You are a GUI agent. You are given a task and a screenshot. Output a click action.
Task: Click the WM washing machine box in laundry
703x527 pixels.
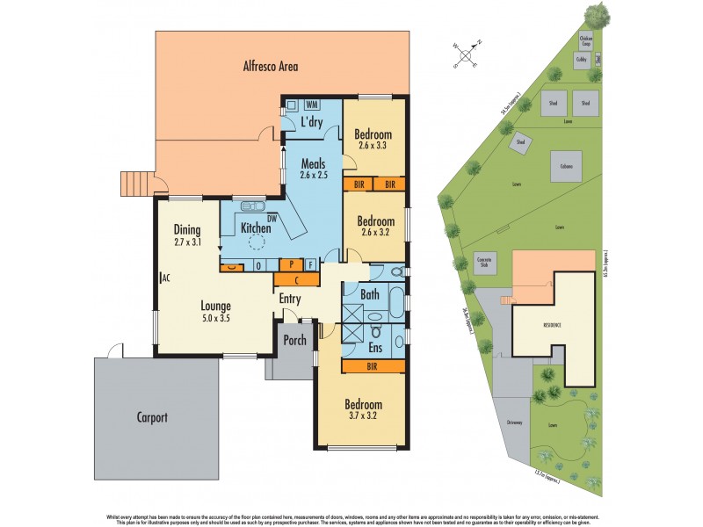[311, 104]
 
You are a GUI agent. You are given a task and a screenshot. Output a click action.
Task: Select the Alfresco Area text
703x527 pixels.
[271, 66]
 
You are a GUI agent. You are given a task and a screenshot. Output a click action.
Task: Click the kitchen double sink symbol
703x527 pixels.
[254, 206]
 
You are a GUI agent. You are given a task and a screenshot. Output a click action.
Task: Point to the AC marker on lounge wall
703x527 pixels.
[164, 278]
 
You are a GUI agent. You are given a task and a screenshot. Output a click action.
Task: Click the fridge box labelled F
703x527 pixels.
[310, 263]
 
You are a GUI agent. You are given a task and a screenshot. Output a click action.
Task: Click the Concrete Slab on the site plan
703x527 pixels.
[486, 264]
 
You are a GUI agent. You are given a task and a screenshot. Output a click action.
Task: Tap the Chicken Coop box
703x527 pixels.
[586, 40]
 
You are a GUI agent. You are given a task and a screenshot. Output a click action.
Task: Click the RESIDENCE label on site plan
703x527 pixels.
[552, 325]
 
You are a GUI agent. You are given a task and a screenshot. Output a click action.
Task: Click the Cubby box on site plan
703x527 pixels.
[581, 60]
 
